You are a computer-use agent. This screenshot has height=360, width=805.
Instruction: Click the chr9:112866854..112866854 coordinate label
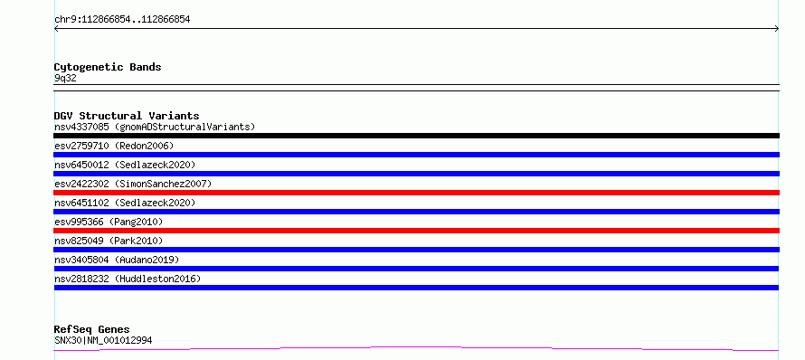click(122, 20)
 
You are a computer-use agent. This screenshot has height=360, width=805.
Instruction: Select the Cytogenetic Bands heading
click(108, 67)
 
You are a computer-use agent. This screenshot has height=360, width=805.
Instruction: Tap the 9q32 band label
click(65, 79)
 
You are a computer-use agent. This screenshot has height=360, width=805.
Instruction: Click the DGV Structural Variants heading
click(127, 116)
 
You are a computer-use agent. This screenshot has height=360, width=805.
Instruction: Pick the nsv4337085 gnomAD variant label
click(155, 127)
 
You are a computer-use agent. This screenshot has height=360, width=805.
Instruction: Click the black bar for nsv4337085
click(416, 136)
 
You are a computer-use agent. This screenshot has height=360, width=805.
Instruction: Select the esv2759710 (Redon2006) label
click(114, 146)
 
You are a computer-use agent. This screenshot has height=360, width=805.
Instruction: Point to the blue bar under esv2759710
click(416, 155)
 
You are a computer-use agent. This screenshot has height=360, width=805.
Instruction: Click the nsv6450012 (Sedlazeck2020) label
click(125, 165)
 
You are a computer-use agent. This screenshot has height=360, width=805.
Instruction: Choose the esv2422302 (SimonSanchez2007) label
click(133, 184)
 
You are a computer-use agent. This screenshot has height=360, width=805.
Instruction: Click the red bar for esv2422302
click(416, 193)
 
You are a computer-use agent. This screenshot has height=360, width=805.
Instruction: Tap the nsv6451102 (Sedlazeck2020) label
click(125, 203)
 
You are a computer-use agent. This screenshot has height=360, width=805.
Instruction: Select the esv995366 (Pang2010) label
click(109, 222)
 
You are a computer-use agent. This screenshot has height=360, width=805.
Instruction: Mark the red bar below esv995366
click(416, 231)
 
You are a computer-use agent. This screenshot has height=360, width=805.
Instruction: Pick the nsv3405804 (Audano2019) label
click(117, 260)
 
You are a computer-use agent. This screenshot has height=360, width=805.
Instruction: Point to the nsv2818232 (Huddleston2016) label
click(128, 279)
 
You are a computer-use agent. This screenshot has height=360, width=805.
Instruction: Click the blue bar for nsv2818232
click(416, 288)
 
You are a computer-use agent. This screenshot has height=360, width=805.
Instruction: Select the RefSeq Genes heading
click(92, 329)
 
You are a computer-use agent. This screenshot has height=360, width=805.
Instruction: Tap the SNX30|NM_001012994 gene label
click(103, 340)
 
